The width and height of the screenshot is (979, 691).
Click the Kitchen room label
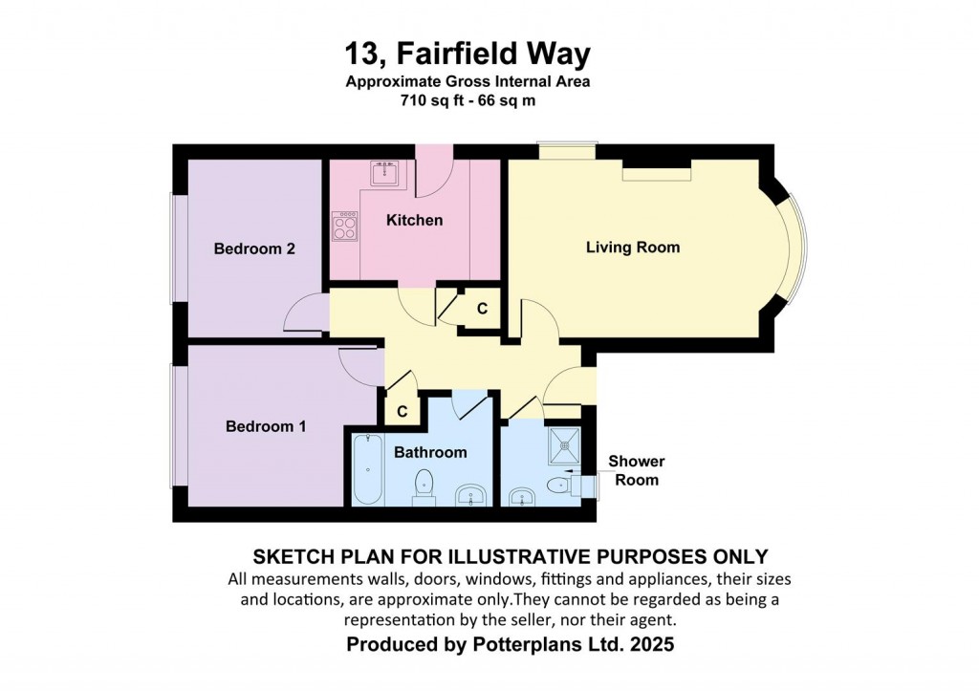pos(415,221)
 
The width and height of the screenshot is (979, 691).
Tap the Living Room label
pos(633,248)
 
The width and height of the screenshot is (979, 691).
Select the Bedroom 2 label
pos(254,249)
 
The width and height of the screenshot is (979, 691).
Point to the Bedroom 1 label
pos(266,427)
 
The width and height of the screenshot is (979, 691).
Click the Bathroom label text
pos(430,453)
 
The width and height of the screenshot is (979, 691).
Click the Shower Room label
pos(636,470)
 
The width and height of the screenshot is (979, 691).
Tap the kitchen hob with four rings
pos(345,226)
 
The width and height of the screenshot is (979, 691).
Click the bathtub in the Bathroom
pos(368,469)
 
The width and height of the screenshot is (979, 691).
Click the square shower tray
pos(564,445)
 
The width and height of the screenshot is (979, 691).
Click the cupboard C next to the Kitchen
pos(482,309)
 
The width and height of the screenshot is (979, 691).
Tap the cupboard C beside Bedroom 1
pos(402,411)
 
